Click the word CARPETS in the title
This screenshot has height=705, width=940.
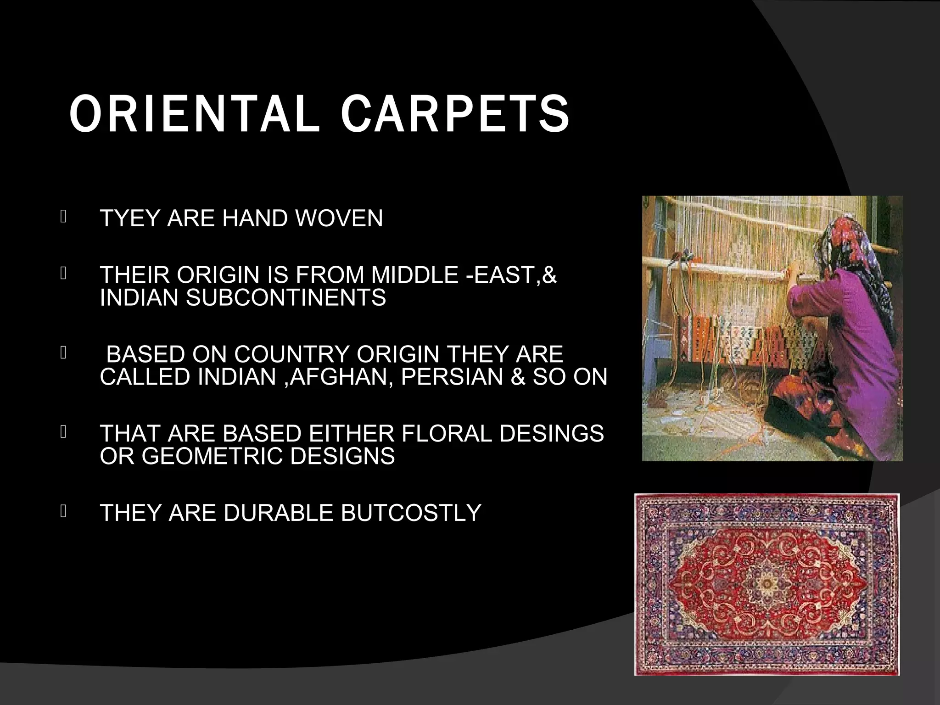[454, 115]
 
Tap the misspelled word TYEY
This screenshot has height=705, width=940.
[129, 218]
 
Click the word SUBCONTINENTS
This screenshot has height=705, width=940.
[285, 297]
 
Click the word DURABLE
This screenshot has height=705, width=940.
[278, 513]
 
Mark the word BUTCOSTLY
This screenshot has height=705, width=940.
[411, 513]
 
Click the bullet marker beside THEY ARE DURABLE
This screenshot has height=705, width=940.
[63, 511]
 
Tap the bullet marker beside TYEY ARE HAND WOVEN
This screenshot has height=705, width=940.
[63, 216]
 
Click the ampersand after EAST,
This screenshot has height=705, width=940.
[549, 275]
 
